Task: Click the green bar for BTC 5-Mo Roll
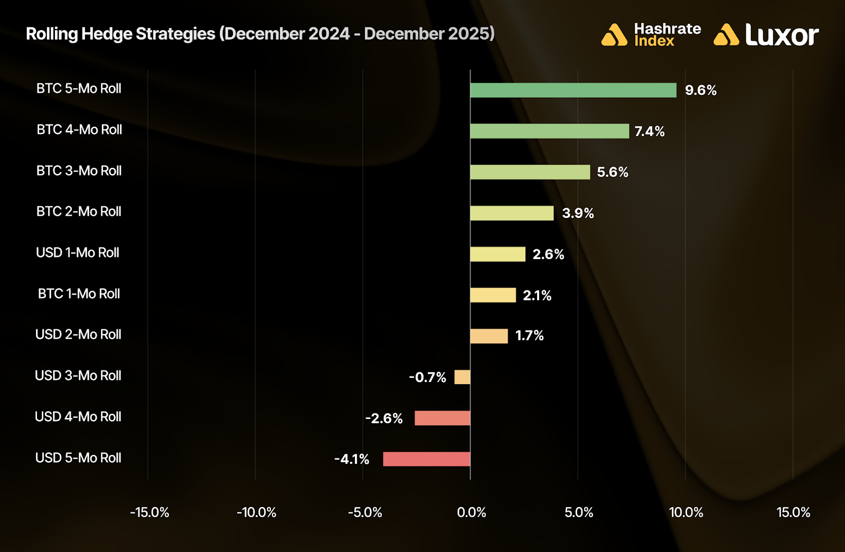pos(573,90)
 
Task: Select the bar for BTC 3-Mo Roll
pos(530,172)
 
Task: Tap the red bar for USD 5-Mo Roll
pos(426,459)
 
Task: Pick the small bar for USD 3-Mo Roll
pos(462,377)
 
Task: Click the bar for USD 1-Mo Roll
pos(497,254)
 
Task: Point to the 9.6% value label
pos(700,90)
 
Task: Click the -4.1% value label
pos(352,459)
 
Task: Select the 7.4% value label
pos(649,131)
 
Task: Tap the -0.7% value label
pos(427,377)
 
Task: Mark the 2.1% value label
pos(537,296)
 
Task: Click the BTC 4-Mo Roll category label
pos(79,130)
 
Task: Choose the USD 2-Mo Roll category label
pos(78,335)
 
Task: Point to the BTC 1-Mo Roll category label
pos(79,294)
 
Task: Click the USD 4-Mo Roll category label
pos(78,417)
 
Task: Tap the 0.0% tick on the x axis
pos(471,512)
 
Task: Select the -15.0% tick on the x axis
pos(149,512)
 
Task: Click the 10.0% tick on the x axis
pos(686,512)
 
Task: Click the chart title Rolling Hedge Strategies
pos(260,34)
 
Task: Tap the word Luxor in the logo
pos(782,35)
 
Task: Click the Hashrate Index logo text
pos(667,35)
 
